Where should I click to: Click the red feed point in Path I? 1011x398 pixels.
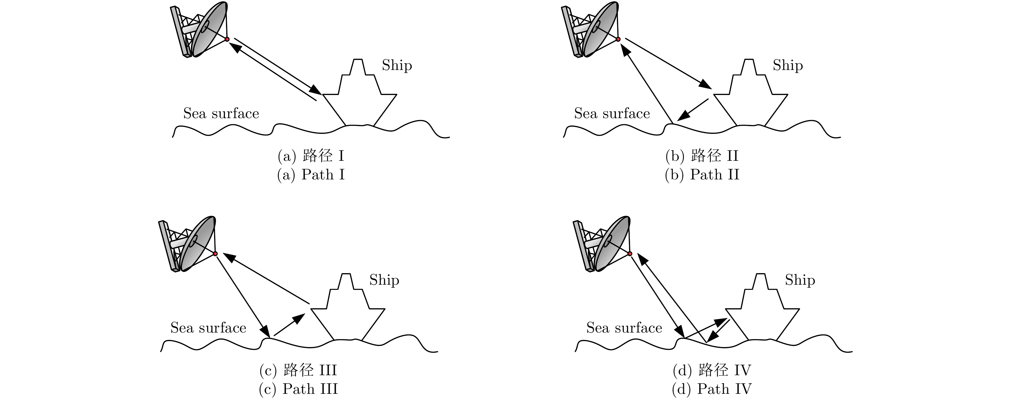click(x=227, y=39)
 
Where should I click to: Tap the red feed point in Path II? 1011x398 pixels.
click(x=618, y=39)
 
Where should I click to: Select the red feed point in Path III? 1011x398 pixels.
click(x=215, y=254)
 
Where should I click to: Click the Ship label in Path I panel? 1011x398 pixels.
click(x=397, y=65)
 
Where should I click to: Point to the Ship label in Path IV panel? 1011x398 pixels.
click(x=800, y=280)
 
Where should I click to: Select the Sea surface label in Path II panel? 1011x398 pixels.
click(x=612, y=113)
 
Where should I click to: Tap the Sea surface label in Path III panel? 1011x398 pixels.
click(x=208, y=328)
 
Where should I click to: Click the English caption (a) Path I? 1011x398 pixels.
click(x=311, y=175)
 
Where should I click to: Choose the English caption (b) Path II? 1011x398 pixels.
click(x=702, y=175)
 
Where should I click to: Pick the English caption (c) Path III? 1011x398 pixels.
click(x=298, y=389)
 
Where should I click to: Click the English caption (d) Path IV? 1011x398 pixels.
click(x=712, y=389)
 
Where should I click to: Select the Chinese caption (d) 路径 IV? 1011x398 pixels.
click(x=712, y=370)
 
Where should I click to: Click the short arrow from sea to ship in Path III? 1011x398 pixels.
click(x=289, y=324)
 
